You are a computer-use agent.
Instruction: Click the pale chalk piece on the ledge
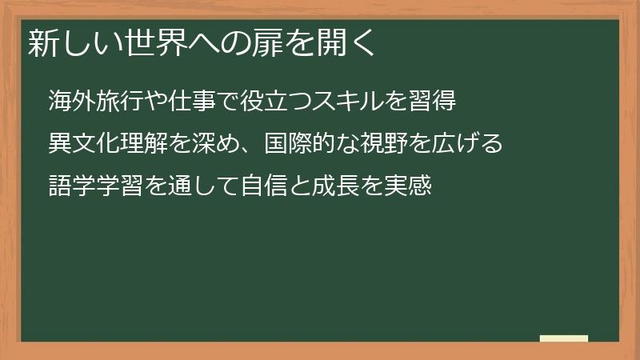[564, 338]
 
